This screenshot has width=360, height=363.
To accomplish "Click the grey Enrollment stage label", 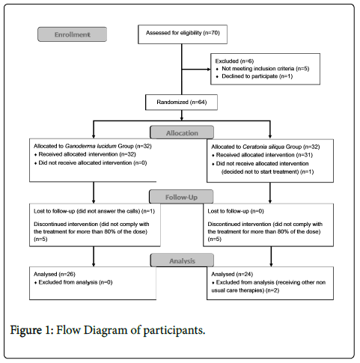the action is (x=73, y=34).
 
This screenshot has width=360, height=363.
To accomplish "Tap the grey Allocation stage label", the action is (x=182, y=132).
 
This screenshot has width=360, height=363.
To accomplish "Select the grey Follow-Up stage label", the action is (x=181, y=197).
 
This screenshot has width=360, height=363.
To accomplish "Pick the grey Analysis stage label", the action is (x=182, y=260).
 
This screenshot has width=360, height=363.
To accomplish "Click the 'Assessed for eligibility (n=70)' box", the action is (x=183, y=34).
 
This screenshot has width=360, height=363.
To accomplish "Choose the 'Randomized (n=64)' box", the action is (x=181, y=103).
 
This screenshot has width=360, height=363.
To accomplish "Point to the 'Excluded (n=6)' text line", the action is (x=234, y=61).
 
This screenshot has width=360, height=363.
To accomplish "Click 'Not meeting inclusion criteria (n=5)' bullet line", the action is (x=263, y=69).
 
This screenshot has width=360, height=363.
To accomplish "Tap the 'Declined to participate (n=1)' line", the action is (x=254, y=76).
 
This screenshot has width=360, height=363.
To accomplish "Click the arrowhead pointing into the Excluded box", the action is (x=209, y=69).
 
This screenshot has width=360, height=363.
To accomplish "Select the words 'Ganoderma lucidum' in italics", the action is (x=91, y=146).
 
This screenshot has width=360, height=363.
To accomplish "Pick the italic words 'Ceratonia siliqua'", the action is (x=263, y=147).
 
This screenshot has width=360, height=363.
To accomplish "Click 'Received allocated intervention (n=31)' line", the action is (x=262, y=155).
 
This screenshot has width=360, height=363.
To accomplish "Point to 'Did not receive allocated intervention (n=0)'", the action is (x=91, y=163).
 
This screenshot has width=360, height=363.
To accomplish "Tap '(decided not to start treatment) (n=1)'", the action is (x=267, y=171).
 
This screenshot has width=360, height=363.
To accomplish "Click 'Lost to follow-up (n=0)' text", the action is (x=236, y=211).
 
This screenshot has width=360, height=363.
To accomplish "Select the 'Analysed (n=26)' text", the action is (x=55, y=274).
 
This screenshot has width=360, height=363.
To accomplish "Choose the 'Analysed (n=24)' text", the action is (x=232, y=274).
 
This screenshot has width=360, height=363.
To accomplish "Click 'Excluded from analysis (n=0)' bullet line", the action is (x=73, y=282).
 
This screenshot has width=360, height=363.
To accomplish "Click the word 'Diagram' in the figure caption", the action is (x=106, y=330).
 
